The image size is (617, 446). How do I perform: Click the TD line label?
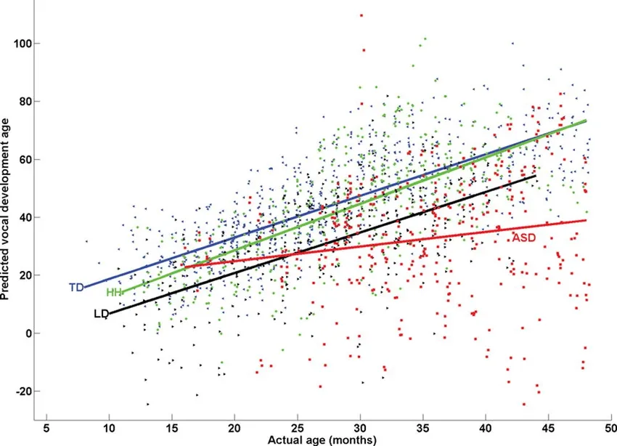[76, 288]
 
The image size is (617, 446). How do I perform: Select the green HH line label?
[114, 293]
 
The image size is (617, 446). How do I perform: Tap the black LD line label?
[101, 315]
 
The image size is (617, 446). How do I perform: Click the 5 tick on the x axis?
[46, 428]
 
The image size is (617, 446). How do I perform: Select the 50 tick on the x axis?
[611, 428]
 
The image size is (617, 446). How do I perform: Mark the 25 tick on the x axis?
[298, 428]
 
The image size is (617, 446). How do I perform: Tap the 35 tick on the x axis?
[423, 428]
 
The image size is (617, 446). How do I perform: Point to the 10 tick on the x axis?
[109, 428]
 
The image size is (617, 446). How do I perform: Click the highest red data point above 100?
[361, 15]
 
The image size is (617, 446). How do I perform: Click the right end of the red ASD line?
[586, 220]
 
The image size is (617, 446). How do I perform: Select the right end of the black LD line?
[536, 176]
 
